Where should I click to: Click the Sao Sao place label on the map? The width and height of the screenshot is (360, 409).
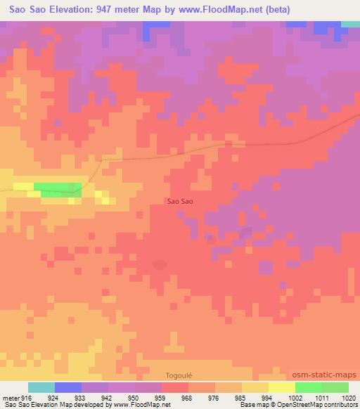(x=180, y=201)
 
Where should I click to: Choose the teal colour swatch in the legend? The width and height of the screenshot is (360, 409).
(x=41, y=387)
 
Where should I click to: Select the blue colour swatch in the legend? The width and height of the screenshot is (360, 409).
(x=68, y=387)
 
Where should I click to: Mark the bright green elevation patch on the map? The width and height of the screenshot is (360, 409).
(x=58, y=188)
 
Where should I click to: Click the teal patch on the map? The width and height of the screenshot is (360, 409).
(x=350, y=24)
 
